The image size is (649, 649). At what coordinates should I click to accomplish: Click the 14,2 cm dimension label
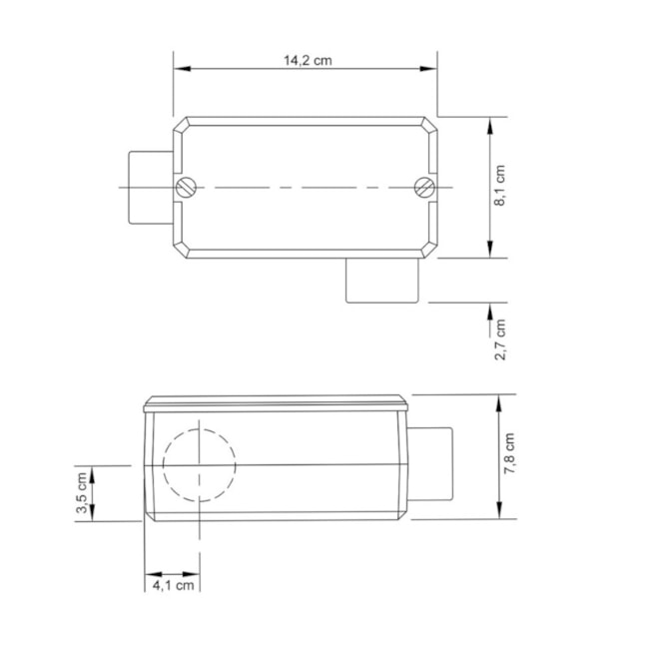307,60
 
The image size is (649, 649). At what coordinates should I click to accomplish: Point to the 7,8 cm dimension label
509,455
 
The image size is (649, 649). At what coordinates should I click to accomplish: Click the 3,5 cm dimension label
82,493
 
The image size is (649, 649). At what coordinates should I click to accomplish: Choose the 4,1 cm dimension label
173,586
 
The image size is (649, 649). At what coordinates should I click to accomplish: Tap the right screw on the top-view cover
423,187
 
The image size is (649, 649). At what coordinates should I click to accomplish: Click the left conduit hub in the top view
149,187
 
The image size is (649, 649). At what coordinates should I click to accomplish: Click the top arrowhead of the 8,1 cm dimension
489,124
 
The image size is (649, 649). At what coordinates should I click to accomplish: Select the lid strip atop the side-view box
276,404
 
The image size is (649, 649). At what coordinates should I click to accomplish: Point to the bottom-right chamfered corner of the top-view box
429,249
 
